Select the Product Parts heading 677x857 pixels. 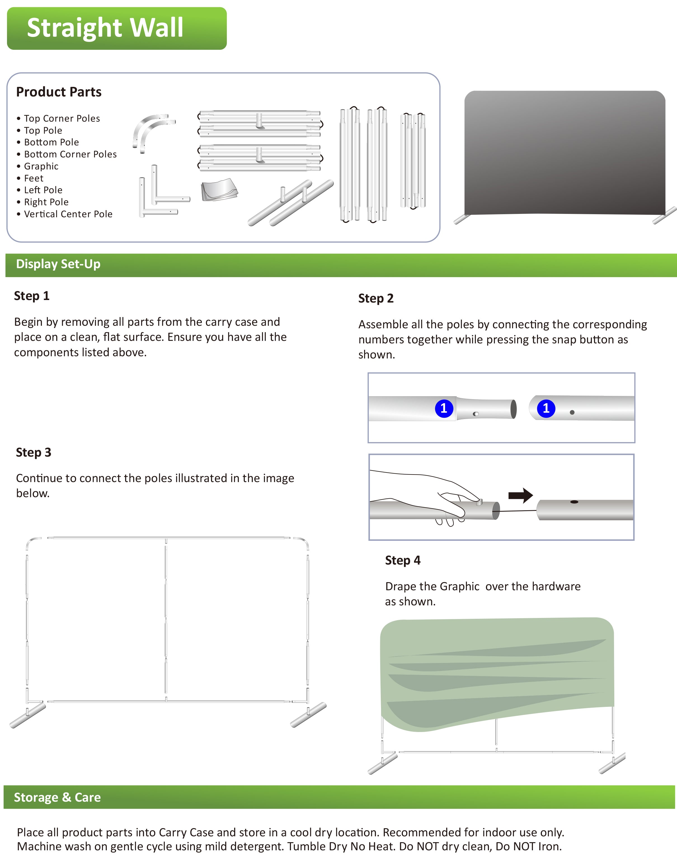59,92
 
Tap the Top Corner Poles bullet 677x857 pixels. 62,119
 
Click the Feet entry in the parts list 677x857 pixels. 34,178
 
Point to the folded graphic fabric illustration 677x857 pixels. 219,190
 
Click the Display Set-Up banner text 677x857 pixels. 58,264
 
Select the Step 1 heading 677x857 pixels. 32,296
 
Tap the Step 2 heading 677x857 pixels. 376,298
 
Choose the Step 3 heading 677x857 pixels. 34,452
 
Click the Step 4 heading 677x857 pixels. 403,560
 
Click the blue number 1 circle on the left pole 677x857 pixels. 444,408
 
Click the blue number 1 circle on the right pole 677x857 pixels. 546,408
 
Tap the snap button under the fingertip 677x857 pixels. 479,502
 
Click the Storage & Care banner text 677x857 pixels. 57,797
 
